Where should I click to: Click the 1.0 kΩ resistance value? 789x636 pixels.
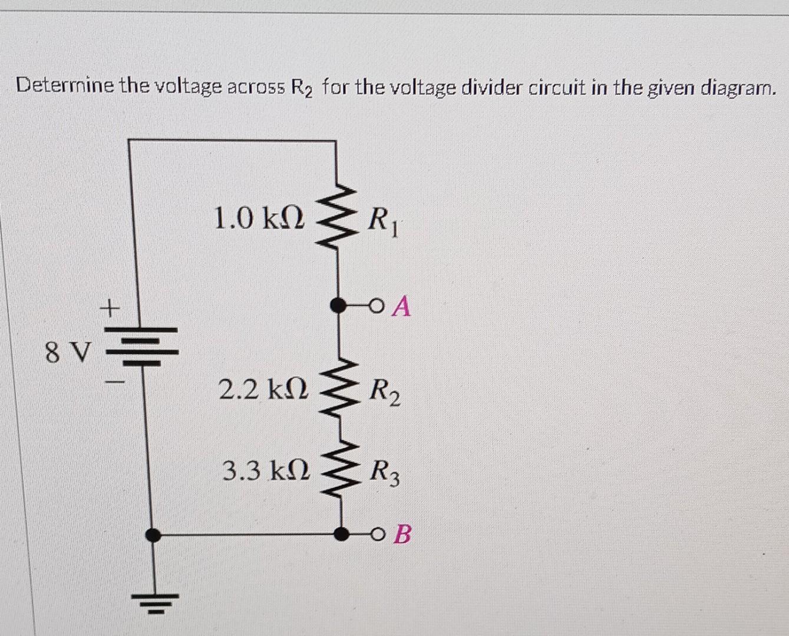point(259,218)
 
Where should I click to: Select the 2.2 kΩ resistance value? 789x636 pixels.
point(263,389)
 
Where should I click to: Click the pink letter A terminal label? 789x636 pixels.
point(402,306)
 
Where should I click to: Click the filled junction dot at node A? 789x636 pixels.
point(337,305)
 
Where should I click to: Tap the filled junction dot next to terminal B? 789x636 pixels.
point(341,534)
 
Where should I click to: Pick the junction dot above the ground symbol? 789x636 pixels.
point(153,535)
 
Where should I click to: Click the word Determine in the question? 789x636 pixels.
point(65,87)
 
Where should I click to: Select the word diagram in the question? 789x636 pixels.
point(738,88)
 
